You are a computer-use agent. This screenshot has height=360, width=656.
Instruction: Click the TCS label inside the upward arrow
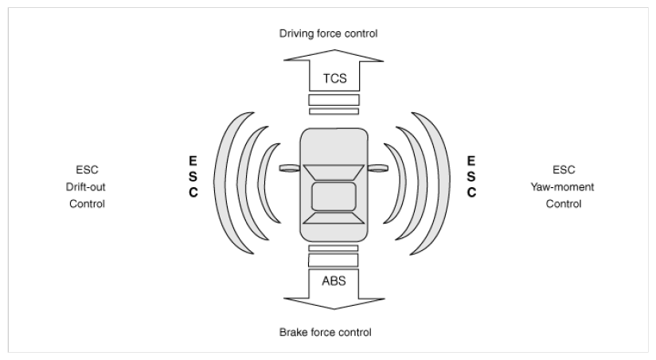[334, 78]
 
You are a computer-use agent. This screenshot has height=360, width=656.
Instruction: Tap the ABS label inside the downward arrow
[334, 281]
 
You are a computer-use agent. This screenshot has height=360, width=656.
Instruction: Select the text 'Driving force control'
[329, 33]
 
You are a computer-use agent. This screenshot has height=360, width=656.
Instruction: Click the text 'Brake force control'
[326, 332]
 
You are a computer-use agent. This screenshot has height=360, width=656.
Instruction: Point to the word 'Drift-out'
[86, 186]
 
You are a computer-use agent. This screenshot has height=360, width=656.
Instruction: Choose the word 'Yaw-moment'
[562, 187]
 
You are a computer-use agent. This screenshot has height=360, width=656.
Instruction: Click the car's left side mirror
[290, 168]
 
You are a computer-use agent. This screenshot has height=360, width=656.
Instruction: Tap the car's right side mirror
[378, 168]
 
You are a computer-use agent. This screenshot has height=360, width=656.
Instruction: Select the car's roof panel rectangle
[334, 196]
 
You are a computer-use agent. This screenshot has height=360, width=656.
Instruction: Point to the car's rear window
[334, 218]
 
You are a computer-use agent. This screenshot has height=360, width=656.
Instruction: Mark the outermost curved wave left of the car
[222, 183]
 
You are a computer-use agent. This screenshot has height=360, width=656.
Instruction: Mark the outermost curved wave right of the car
[441, 183]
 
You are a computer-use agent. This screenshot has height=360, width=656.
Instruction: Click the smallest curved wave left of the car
[263, 183]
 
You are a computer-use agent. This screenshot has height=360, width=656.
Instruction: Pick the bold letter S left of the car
[193, 177]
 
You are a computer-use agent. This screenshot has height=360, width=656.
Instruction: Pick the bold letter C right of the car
[471, 193]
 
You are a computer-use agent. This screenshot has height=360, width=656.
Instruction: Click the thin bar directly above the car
[334, 112]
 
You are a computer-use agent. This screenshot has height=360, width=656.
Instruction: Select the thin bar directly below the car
[334, 248]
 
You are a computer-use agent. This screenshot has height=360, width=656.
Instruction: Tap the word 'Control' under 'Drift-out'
[87, 204]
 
